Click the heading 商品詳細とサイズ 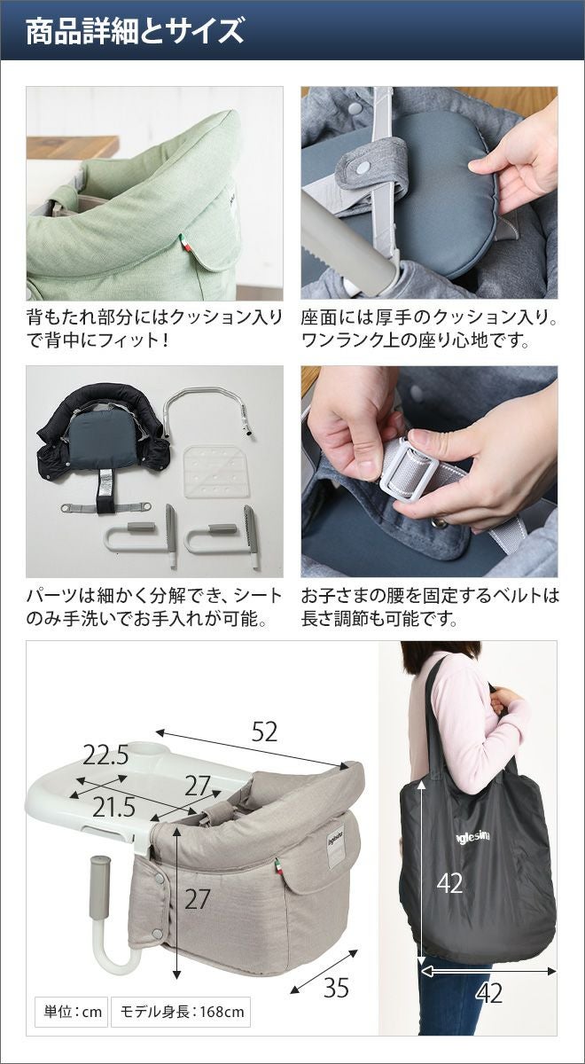(x=135, y=31)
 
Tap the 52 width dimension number (x=264, y=732)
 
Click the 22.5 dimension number (x=105, y=755)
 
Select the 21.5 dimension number (x=113, y=807)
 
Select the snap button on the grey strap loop (x=363, y=167)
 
